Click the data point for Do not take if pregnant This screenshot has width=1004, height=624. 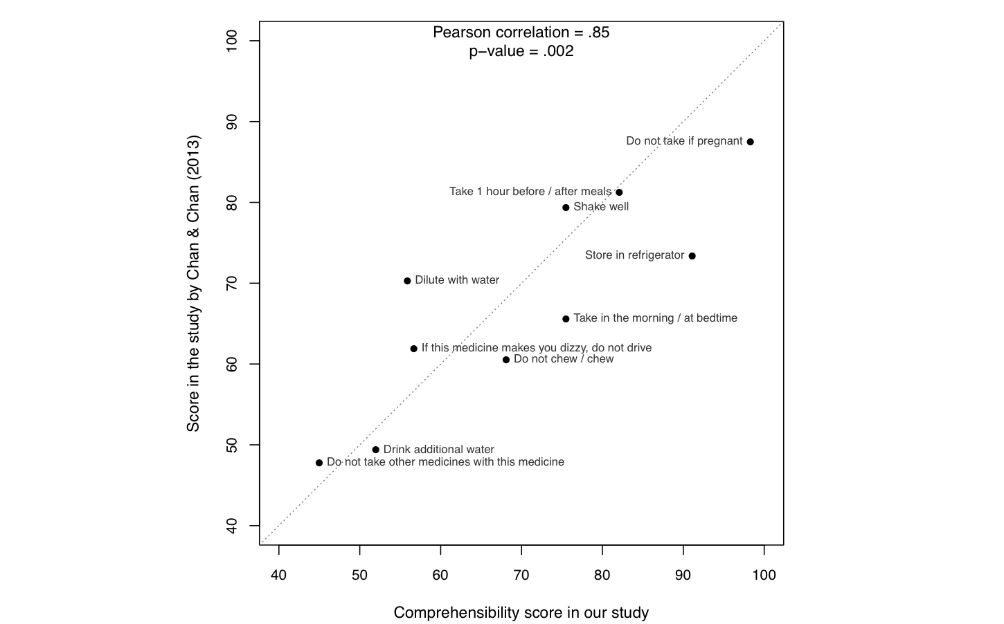click(x=750, y=142)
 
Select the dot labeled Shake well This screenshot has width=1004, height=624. click(x=566, y=208)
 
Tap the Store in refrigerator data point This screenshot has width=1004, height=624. click(x=692, y=256)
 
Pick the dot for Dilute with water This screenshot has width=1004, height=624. click(x=407, y=281)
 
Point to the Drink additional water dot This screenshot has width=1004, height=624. click(x=376, y=450)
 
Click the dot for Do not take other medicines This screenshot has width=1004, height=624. click(x=319, y=463)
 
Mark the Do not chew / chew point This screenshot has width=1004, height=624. click(x=506, y=360)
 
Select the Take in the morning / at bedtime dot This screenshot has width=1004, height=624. click(x=566, y=319)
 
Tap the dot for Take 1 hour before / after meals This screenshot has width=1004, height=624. click(x=619, y=192)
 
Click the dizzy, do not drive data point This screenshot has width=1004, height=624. click(x=414, y=349)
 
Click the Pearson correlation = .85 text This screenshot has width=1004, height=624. click(x=521, y=33)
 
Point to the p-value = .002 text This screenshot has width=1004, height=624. click(x=521, y=51)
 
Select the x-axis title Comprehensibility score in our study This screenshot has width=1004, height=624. click(x=521, y=612)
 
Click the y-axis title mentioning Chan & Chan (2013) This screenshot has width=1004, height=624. click(x=193, y=284)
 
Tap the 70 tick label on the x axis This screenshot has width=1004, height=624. click(x=521, y=575)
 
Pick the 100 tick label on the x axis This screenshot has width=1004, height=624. click(x=764, y=575)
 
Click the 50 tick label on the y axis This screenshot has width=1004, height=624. click(x=232, y=445)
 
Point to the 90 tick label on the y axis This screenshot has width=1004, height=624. click(x=232, y=122)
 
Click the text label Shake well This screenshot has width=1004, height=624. click(x=601, y=207)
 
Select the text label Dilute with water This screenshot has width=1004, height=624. click(x=457, y=280)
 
